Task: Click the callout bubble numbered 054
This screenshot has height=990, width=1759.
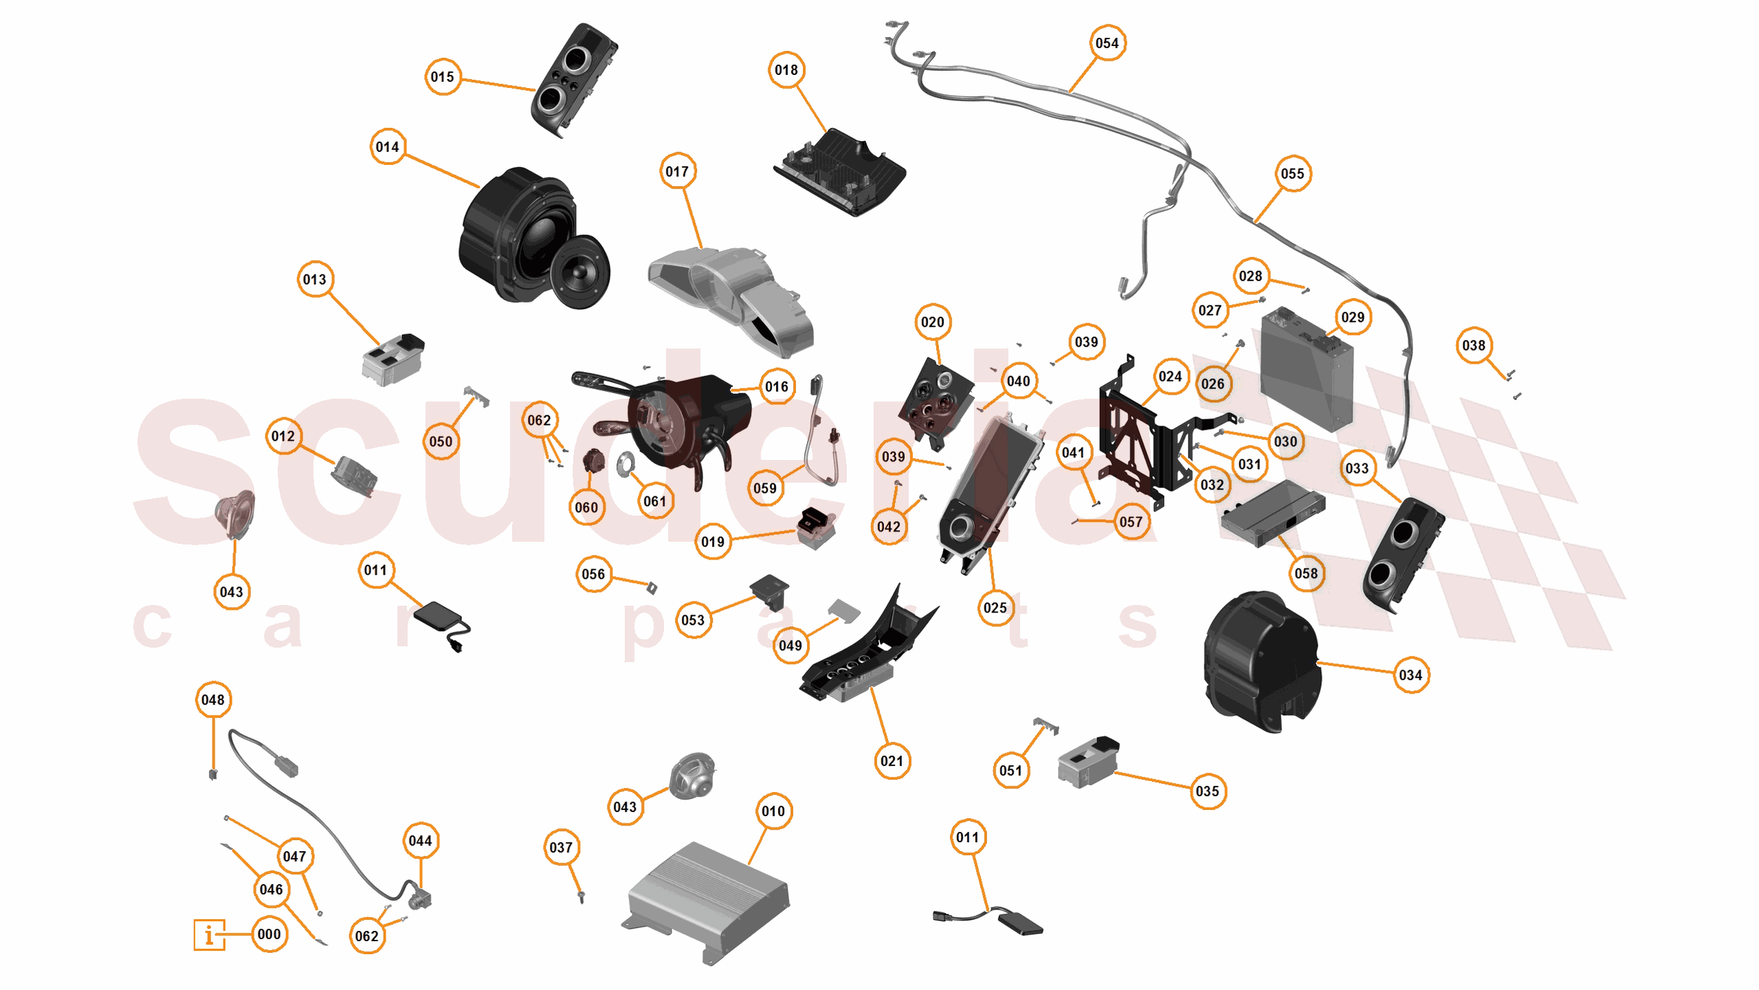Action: pyautogui.click(x=1107, y=43)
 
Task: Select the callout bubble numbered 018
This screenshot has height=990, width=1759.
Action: pyautogui.click(x=786, y=70)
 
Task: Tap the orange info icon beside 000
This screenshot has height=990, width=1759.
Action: pyautogui.click(x=209, y=934)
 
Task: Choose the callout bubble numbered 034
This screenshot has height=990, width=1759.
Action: pyautogui.click(x=1410, y=675)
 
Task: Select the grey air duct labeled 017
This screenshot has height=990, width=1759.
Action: pyautogui.click(x=735, y=296)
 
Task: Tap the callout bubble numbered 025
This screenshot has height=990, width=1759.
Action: pyautogui.click(x=995, y=608)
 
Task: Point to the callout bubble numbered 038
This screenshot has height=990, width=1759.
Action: pyautogui.click(x=1473, y=346)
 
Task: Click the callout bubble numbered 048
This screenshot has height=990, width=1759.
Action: pyautogui.click(x=213, y=700)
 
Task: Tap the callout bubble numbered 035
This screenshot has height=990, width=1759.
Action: pyautogui.click(x=1207, y=791)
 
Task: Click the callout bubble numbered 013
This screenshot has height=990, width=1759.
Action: pyautogui.click(x=315, y=280)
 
